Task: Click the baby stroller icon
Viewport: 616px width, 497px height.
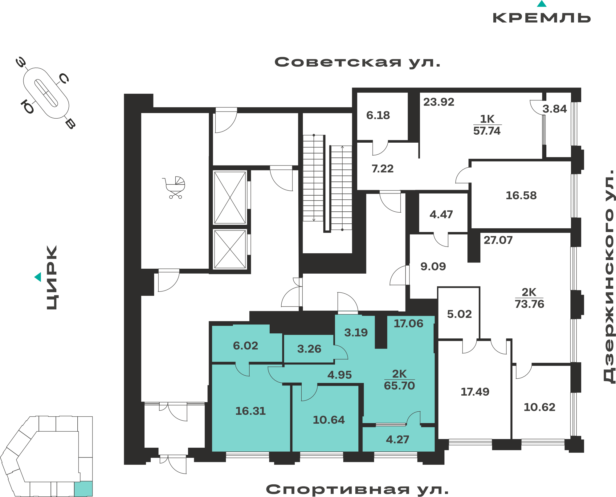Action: click(174, 187)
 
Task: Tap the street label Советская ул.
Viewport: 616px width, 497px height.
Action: click(357, 62)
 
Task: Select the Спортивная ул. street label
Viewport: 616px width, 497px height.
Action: click(357, 489)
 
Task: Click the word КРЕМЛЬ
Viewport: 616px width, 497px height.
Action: click(542, 18)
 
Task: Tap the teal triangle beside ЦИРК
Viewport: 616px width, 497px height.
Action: click(38, 277)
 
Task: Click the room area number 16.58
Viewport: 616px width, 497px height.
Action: click(521, 195)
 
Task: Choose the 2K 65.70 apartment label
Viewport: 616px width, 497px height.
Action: click(399, 380)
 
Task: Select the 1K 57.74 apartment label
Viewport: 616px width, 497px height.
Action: click(487, 125)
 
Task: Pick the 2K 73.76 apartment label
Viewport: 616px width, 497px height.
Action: click(529, 298)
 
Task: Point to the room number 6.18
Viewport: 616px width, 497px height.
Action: click(378, 115)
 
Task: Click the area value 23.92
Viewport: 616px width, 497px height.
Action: click(439, 102)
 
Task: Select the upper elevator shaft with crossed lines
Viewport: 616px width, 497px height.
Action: click(230, 198)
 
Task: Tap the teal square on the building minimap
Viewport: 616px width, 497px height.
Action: click(84, 488)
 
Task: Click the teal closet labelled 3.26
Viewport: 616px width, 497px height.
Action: click(309, 349)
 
